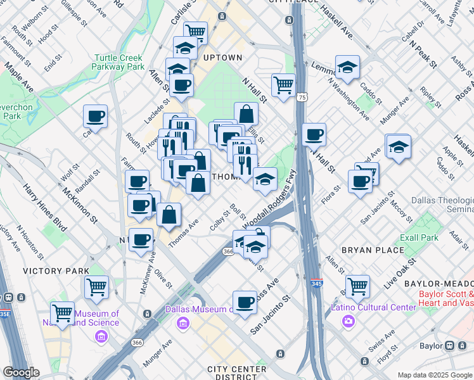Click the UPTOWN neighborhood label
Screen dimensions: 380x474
(x=223, y=58)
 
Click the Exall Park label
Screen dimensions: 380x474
(x=419, y=238)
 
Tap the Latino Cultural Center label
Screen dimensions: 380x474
(x=374, y=308)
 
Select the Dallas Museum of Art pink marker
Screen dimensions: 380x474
(x=183, y=324)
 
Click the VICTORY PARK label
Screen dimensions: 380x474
(x=56, y=271)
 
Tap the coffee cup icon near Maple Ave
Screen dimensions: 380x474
(x=96, y=116)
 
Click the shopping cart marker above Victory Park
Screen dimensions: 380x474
(x=96, y=287)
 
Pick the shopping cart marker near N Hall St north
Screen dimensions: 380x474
(x=283, y=84)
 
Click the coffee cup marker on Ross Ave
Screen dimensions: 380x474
(x=245, y=302)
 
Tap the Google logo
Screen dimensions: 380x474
(x=21, y=372)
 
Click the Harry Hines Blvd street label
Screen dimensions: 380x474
(x=44, y=207)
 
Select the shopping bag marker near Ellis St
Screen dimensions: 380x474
(x=246, y=115)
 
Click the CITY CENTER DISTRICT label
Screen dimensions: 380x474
(x=236, y=373)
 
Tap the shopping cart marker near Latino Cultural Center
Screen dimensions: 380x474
(x=357, y=286)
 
